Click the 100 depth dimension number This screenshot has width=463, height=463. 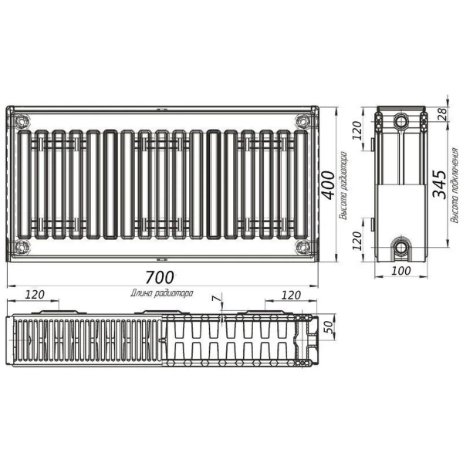point(400,272)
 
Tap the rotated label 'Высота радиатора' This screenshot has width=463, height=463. point(343,184)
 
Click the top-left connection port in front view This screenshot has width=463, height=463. point(22,121)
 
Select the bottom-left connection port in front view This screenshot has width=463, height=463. point(22,248)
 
